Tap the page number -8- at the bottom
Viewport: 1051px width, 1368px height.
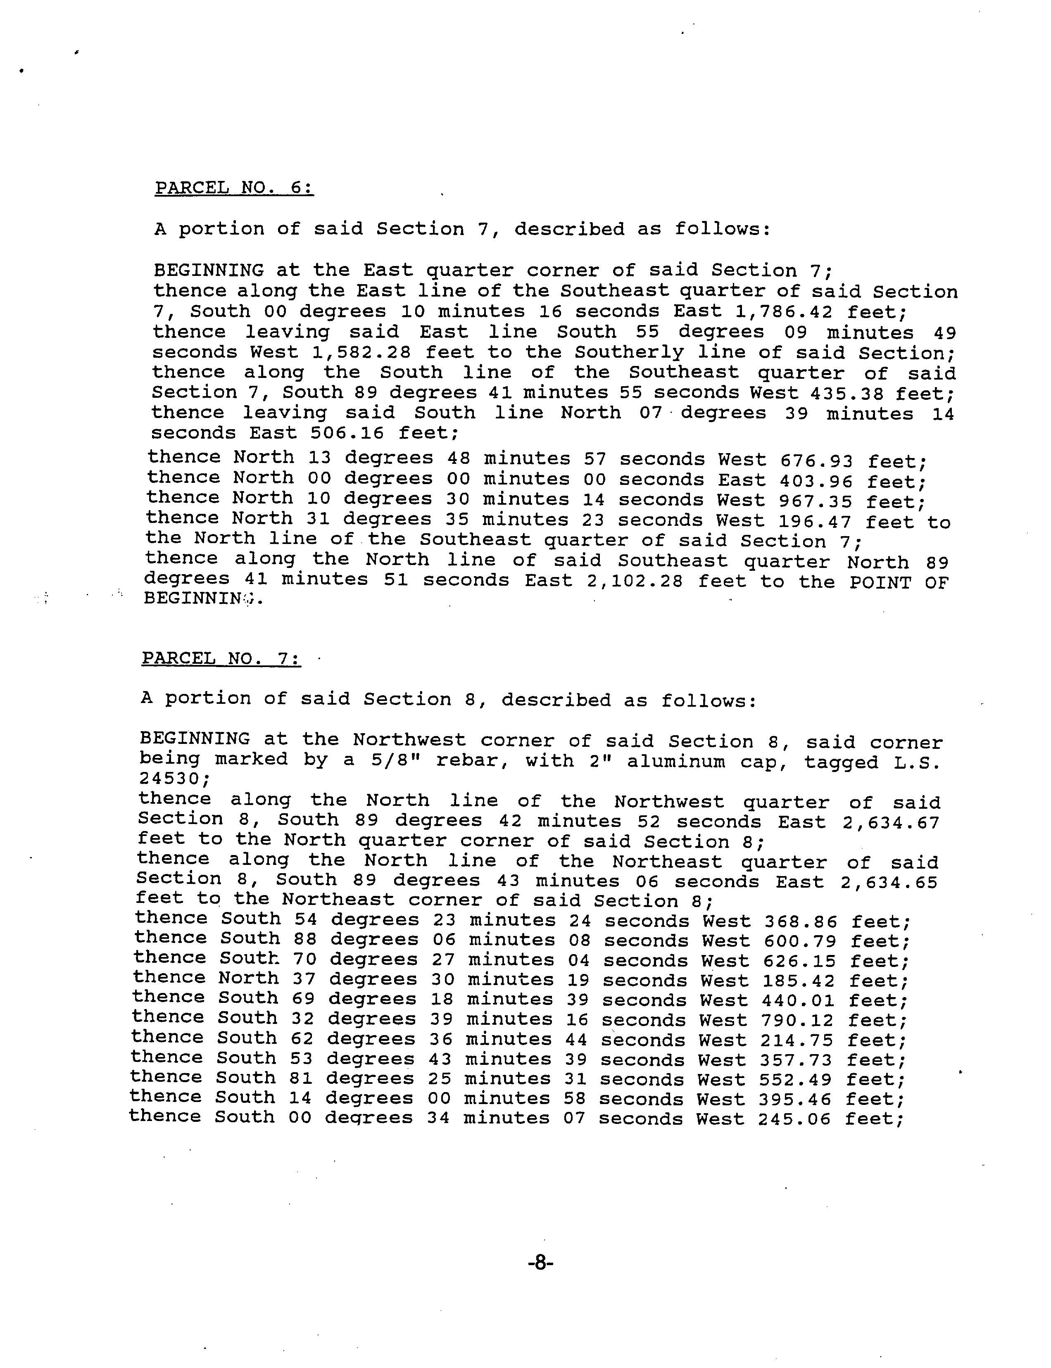pos(540,1263)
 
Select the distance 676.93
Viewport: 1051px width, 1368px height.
pos(816,461)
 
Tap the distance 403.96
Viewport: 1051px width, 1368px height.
pos(816,481)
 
